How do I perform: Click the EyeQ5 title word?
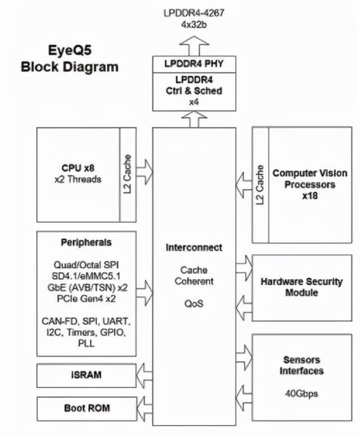pos(70,51)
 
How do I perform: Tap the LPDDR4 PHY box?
pos(194,64)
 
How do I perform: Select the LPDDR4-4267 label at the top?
pos(194,13)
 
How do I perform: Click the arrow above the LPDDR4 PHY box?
pos(194,46)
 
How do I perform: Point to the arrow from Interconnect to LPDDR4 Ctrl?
pos(194,119)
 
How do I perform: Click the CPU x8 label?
pos(78,168)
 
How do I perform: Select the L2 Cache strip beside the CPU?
pos(128,175)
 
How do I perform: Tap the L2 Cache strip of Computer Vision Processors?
pos(260,185)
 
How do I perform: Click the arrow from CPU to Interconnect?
pos(145,172)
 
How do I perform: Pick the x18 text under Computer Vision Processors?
pos(310,196)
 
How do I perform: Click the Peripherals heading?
pos(86,243)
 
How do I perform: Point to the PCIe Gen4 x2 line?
pos(86,299)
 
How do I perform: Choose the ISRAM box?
pos(86,375)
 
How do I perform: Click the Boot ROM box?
pos(87,409)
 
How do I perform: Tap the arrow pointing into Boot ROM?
pos(145,409)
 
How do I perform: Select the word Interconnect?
pos(194,247)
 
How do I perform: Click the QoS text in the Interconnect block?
pos(194,303)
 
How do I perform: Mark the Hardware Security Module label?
pos(302,287)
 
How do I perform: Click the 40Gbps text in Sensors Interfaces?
pos(301,393)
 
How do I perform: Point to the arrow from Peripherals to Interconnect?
pos(145,293)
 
